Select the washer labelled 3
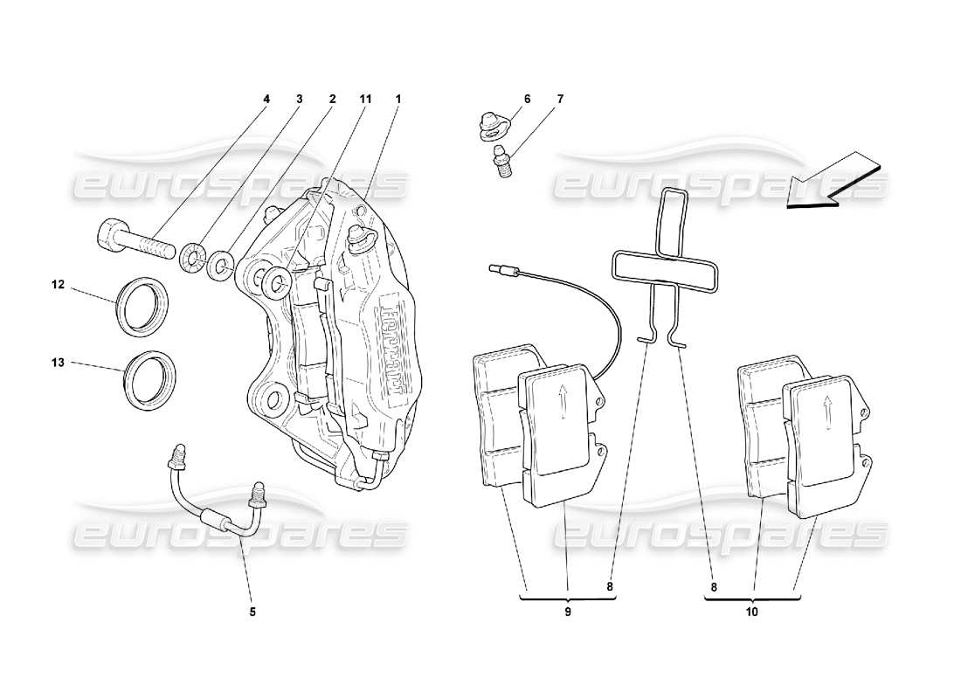(x=193, y=258)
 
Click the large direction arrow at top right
(x=829, y=182)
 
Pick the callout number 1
(x=398, y=100)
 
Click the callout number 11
(x=364, y=100)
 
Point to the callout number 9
(x=567, y=612)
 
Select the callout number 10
(x=752, y=612)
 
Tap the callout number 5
(x=252, y=612)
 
